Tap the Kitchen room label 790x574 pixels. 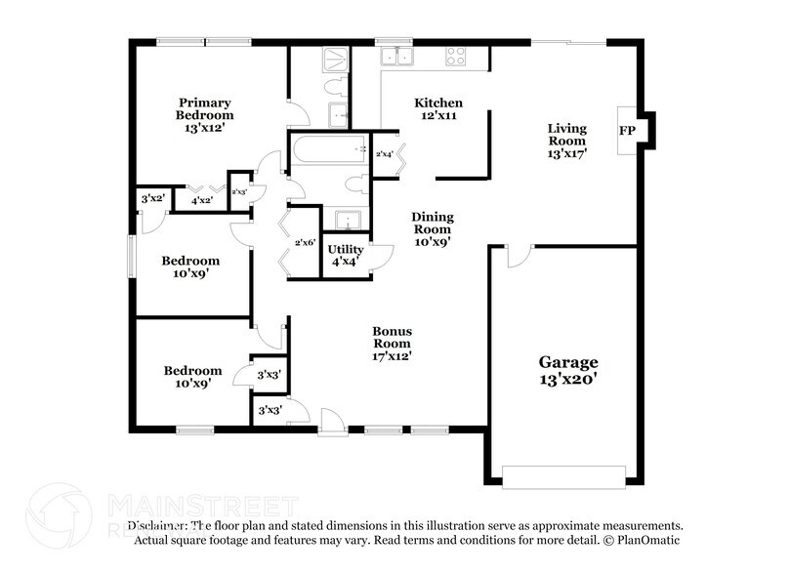(x=438, y=102)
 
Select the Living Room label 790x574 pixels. (x=566, y=134)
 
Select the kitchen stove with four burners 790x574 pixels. (x=456, y=56)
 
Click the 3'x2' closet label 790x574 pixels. (x=151, y=200)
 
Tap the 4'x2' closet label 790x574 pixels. (x=203, y=200)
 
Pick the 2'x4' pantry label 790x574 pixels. (x=385, y=154)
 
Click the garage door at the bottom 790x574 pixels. (x=563, y=475)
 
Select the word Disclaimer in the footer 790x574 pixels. (x=165, y=525)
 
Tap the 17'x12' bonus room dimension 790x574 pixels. (x=391, y=356)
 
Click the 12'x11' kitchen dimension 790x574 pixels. (x=438, y=115)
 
